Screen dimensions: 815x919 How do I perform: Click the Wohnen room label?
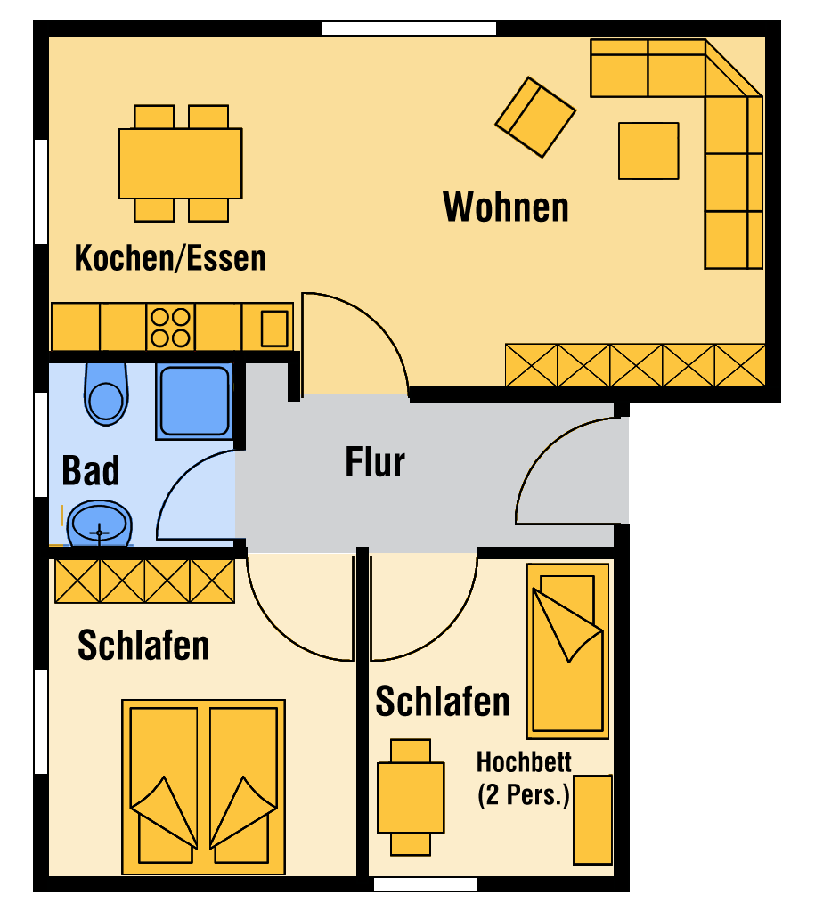click(506, 207)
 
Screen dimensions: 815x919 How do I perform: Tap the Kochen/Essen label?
click(170, 258)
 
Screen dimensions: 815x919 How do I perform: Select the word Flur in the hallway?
click(375, 462)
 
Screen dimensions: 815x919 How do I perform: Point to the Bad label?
click(90, 470)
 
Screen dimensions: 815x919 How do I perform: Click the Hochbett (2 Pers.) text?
click(524, 779)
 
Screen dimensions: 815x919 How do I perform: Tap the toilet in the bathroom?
click(106, 394)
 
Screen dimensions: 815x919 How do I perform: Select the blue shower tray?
click(194, 402)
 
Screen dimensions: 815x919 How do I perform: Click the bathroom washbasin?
click(100, 524)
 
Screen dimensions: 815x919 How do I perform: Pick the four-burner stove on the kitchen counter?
click(171, 327)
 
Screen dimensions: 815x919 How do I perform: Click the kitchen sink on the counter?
click(273, 329)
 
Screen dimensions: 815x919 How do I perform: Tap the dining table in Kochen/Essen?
click(181, 164)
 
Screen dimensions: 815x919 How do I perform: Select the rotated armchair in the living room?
click(535, 118)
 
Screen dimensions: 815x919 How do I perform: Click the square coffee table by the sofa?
click(648, 150)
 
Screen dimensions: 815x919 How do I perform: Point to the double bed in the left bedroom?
click(203, 786)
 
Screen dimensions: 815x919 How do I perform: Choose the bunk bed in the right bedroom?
click(567, 651)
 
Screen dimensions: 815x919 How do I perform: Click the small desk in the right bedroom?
click(411, 797)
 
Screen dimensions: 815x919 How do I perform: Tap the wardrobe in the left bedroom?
click(145, 581)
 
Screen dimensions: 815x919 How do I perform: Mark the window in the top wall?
click(409, 28)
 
